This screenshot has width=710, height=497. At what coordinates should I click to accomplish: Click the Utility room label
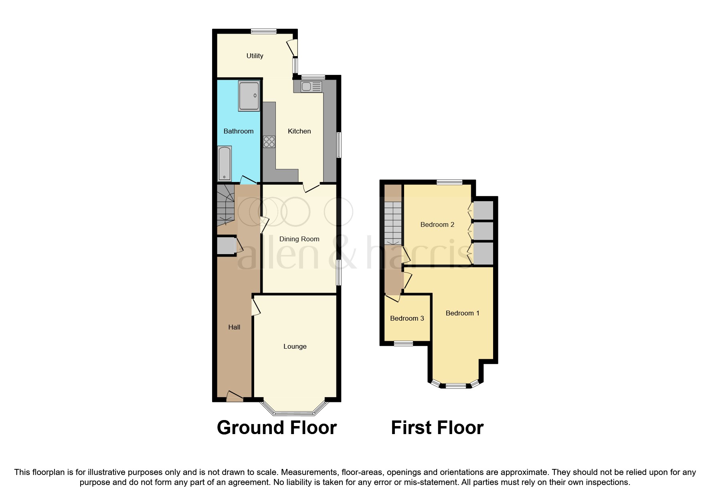click(x=255, y=56)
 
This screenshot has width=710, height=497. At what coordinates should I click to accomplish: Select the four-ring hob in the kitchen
click(x=269, y=142)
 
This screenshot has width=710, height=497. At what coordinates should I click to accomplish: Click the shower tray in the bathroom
click(x=249, y=96)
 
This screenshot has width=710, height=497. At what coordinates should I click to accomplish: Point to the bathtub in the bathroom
click(x=225, y=164)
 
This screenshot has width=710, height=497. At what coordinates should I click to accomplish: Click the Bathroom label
click(x=238, y=131)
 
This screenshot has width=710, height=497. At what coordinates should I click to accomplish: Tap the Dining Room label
click(x=299, y=239)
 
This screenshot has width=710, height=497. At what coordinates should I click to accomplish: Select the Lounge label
click(x=295, y=346)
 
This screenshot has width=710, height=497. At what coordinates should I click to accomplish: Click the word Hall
click(x=234, y=327)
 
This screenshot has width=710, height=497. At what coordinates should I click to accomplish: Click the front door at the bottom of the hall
click(x=235, y=397)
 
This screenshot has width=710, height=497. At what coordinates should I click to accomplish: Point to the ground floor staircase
click(x=225, y=205)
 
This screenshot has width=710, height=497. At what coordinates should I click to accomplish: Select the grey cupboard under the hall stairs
click(x=226, y=246)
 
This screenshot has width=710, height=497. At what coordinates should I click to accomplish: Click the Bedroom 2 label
click(x=437, y=224)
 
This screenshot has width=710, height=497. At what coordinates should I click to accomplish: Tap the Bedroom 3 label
click(x=407, y=318)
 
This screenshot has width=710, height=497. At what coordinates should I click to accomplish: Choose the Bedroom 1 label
click(x=462, y=313)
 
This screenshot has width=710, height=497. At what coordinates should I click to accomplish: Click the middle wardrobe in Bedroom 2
click(x=483, y=231)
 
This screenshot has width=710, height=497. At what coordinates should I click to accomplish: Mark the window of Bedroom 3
click(x=403, y=343)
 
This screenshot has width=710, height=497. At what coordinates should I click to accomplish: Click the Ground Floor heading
click(x=277, y=428)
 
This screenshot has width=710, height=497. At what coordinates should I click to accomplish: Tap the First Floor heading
click(x=437, y=428)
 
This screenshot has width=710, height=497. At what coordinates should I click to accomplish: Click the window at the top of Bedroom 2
click(x=449, y=182)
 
